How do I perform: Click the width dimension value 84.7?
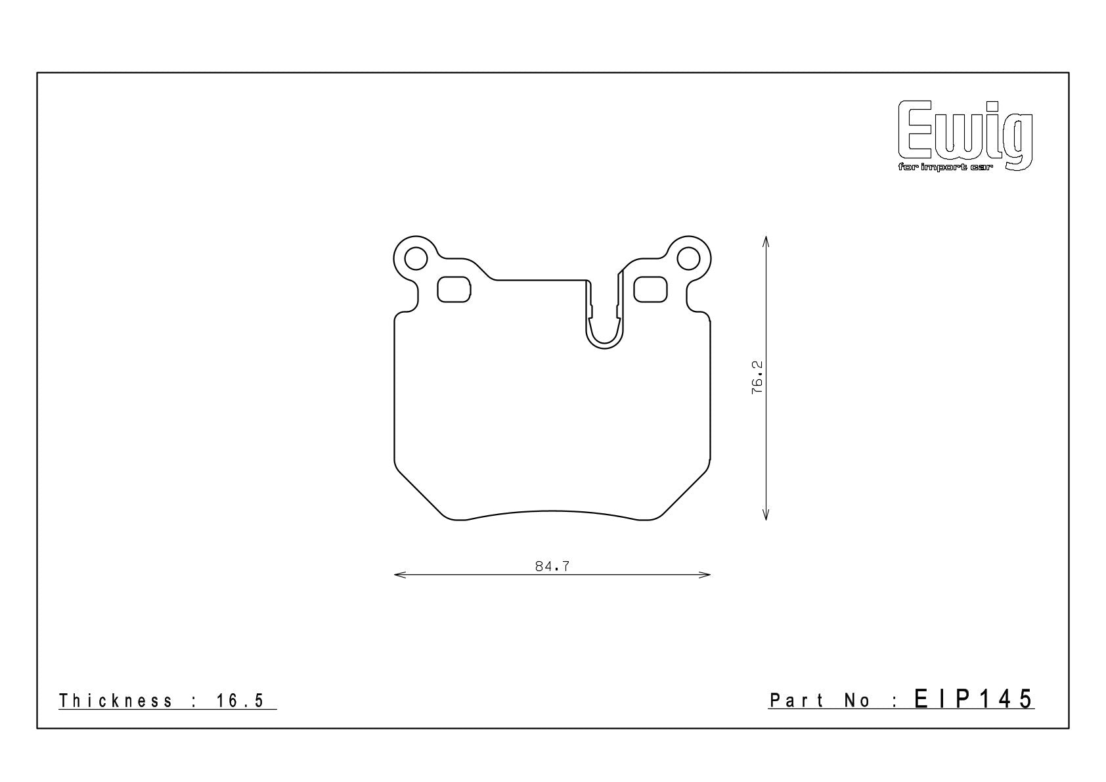552,566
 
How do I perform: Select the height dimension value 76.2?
757,377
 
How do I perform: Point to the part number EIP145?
973,699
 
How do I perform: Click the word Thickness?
116,701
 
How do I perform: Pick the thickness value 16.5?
240,701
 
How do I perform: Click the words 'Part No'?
820,700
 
